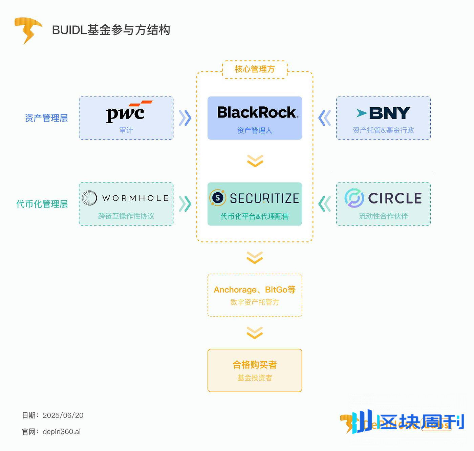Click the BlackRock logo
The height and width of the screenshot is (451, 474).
pos(257,112)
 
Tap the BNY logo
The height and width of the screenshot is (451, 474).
pos(383,113)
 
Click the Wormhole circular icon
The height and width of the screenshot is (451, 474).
pos(89,198)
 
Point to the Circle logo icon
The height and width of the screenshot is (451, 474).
pos(354,198)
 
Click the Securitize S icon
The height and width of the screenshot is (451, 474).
pos(218,198)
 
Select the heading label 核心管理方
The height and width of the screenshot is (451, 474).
pos(255,69)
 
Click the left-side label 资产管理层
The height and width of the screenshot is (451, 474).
pos(46,118)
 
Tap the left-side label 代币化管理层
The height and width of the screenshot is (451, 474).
pos(42,204)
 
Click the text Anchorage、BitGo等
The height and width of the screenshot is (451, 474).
pos(255,290)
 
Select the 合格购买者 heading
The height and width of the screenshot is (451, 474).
pos(255,365)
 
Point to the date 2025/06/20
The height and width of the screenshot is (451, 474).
pos(63,415)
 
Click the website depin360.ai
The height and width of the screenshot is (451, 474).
pos(62,432)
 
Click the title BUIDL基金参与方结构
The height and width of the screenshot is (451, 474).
pos(111,30)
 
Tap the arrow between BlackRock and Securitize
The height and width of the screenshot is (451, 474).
pos(255,161)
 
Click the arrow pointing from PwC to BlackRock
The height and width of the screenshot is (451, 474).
pos(185,118)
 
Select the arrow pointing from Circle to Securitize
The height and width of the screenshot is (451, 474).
pos(324,204)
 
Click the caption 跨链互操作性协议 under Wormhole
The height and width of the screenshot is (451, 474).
pos(126,216)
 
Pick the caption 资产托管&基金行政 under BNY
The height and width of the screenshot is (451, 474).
pos(383,130)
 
